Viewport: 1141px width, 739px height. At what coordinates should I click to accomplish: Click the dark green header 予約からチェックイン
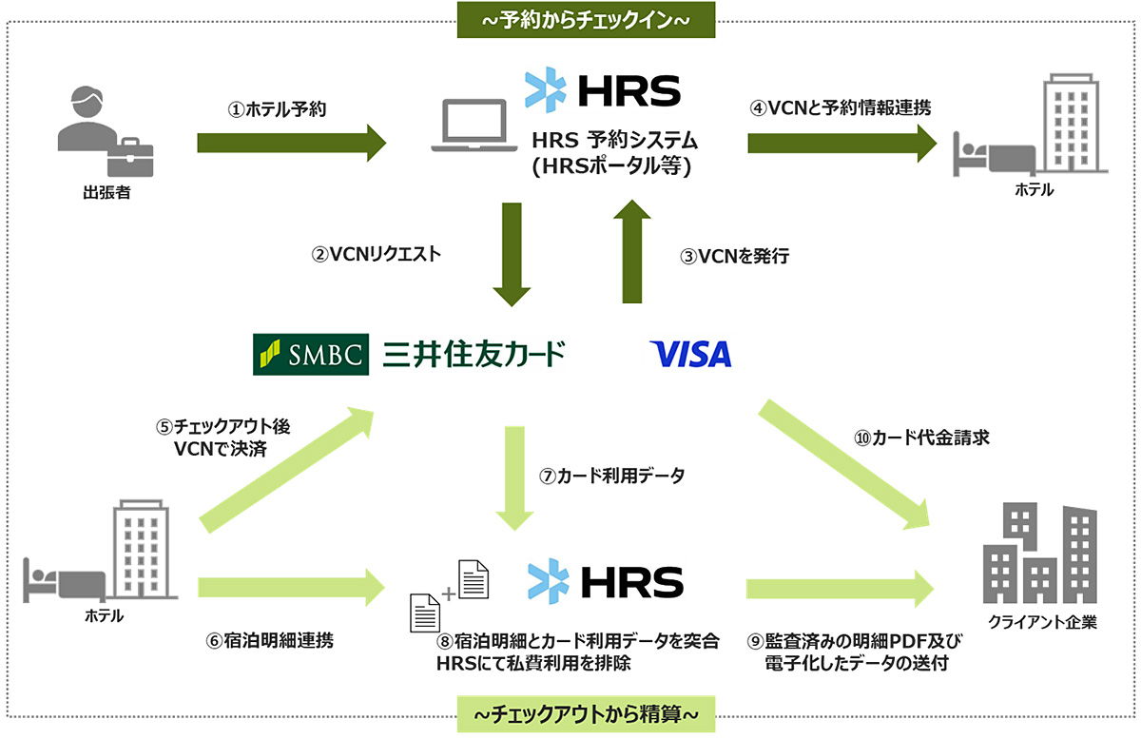(x=586, y=20)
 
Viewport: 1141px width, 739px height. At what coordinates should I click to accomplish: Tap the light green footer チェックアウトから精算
(x=586, y=714)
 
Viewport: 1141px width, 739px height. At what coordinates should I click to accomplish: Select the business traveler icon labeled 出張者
(x=106, y=131)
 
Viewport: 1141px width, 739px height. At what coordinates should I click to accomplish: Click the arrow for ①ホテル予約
(x=291, y=144)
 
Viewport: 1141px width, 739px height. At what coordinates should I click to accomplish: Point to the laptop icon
(x=474, y=126)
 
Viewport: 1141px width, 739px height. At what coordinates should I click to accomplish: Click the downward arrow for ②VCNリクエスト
(x=512, y=254)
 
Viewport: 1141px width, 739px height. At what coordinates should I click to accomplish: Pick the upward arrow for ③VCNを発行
(x=632, y=251)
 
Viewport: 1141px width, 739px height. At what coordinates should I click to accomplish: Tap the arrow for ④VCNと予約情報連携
(x=842, y=144)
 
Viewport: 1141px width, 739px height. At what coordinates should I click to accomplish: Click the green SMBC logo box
(x=311, y=354)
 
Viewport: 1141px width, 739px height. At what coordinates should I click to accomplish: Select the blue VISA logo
(x=690, y=354)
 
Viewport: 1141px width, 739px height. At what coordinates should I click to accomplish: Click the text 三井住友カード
(x=474, y=354)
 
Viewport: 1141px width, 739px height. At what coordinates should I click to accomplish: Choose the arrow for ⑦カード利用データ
(x=514, y=478)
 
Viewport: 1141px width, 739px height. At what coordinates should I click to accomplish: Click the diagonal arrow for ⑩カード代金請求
(x=844, y=464)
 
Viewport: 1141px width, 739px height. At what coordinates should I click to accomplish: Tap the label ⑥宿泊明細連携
(x=270, y=641)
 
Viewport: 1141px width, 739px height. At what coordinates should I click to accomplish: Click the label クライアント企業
(x=1042, y=622)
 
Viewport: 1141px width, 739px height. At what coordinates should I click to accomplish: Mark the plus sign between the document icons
(x=448, y=593)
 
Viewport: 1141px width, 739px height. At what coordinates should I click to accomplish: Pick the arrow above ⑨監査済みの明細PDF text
(x=840, y=589)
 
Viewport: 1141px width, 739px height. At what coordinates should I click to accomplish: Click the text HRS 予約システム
(x=614, y=140)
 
